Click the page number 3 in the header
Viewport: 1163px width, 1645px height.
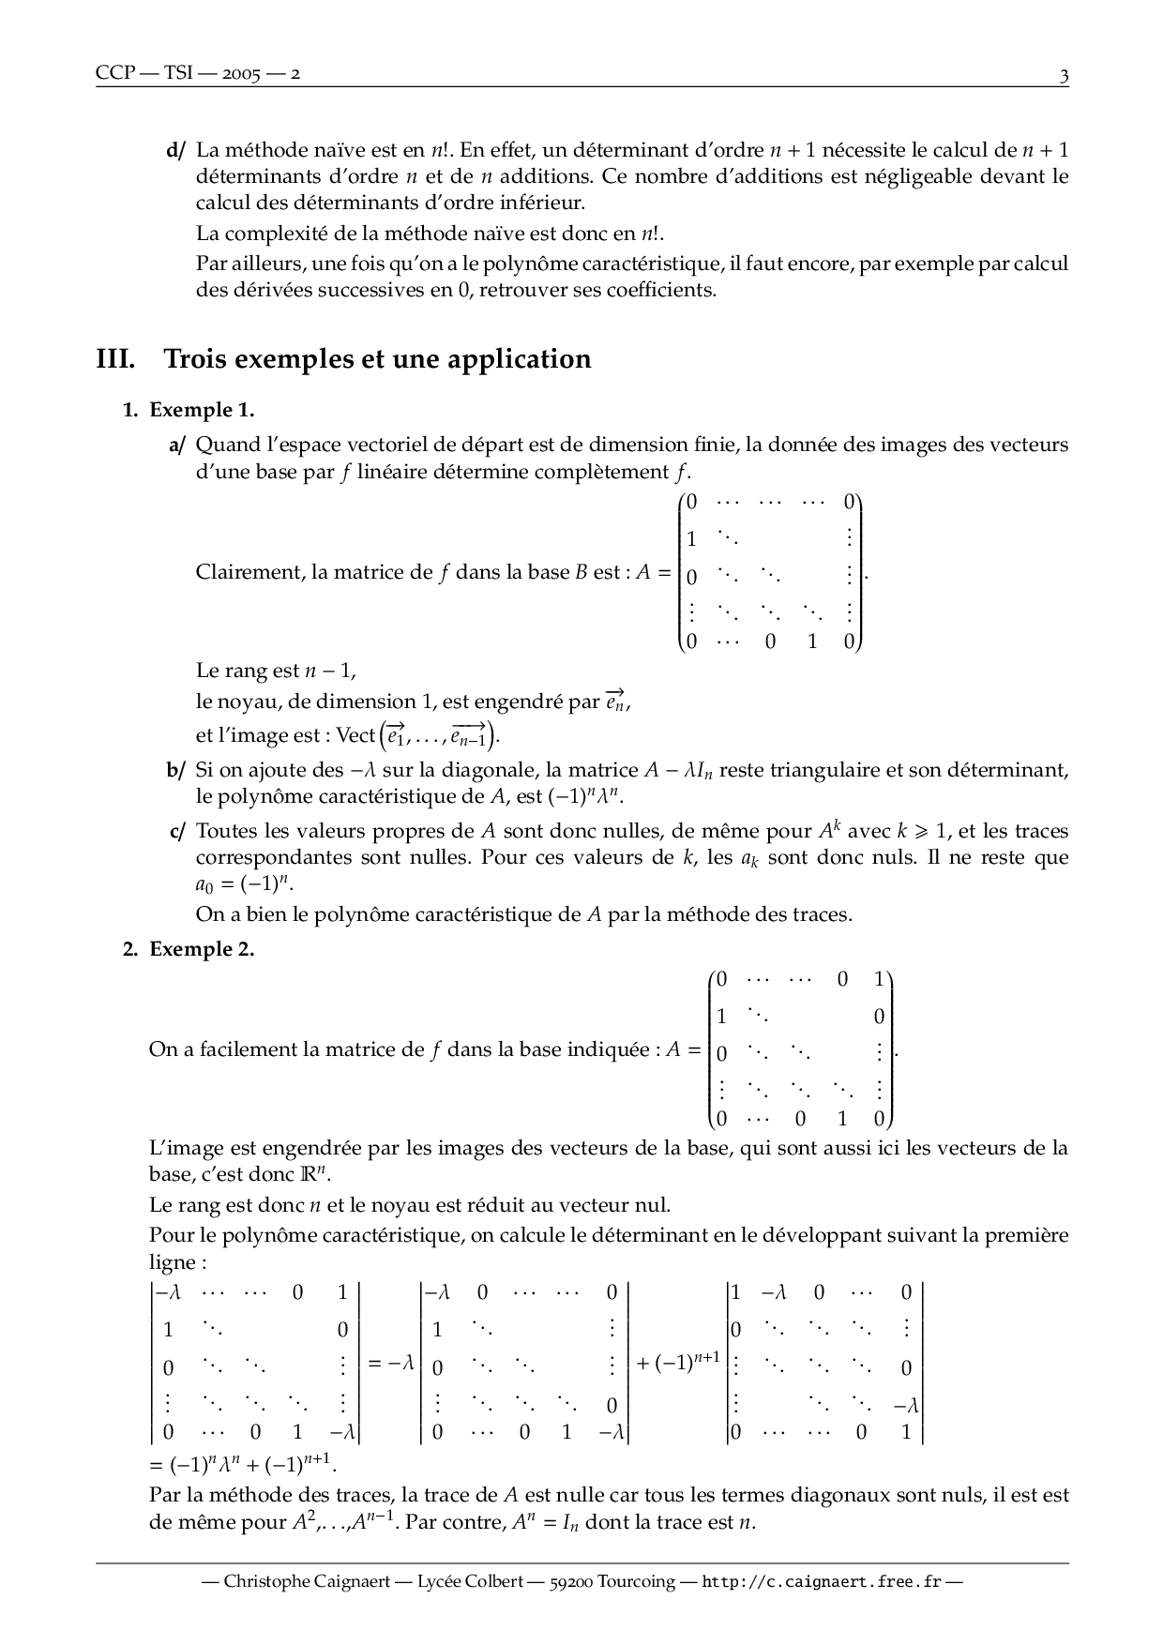point(1064,75)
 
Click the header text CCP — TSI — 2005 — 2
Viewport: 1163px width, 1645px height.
point(198,74)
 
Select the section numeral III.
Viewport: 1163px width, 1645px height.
point(116,359)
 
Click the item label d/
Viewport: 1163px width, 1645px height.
point(176,150)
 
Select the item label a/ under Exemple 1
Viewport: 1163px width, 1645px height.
point(176,445)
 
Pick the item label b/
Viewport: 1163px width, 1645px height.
point(176,771)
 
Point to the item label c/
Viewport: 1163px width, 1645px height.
point(176,832)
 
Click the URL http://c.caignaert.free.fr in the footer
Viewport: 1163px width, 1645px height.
point(822,1582)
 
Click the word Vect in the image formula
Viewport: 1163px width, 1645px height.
point(356,735)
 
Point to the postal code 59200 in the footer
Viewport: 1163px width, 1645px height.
point(568,1582)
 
